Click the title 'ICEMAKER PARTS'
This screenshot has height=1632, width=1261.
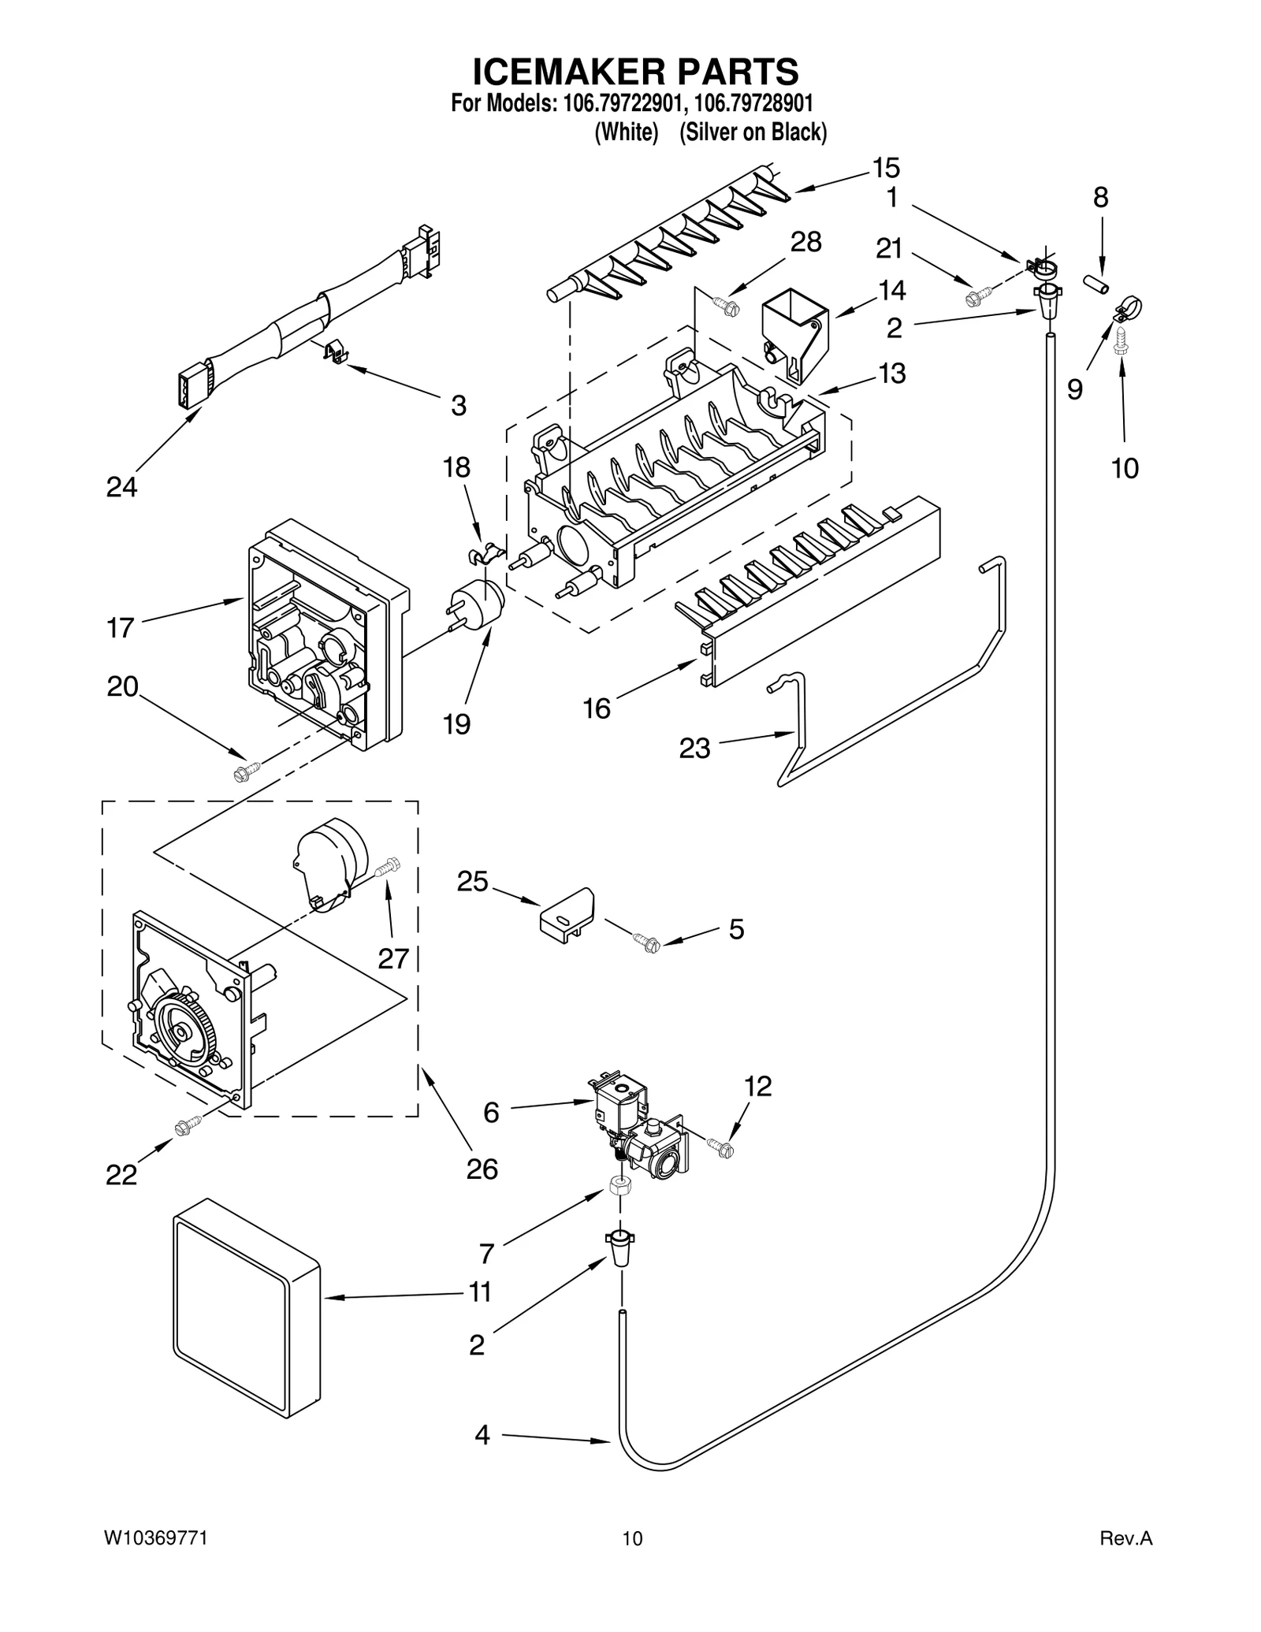(634, 71)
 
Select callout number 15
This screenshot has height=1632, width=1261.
(886, 168)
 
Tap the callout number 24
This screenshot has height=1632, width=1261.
(122, 487)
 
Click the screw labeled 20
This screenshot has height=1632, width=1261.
(247, 771)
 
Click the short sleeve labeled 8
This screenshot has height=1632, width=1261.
(1095, 284)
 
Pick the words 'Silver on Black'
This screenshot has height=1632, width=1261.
(753, 132)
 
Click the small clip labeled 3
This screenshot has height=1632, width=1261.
(337, 351)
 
